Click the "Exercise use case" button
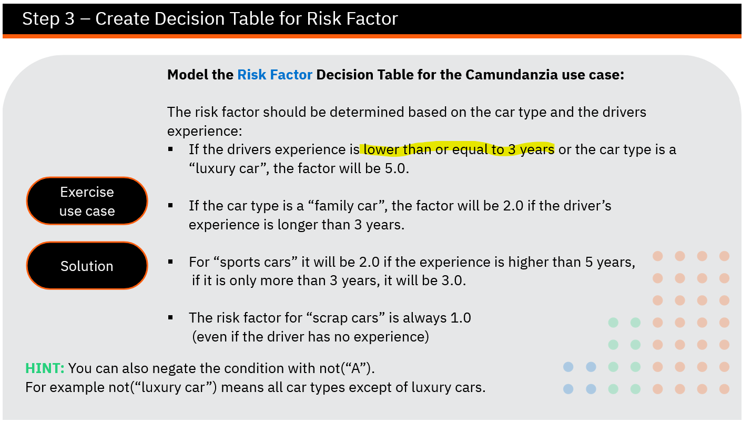[x=87, y=201]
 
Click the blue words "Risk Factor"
[x=275, y=75]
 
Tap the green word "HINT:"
[x=45, y=368]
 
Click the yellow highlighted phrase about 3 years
[x=459, y=149]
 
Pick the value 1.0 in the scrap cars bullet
[x=461, y=318]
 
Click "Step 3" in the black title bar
[x=48, y=18]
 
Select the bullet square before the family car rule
[x=170, y=206]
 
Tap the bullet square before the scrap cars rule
[x=170, y=318]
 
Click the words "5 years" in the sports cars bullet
[x=608, y=262]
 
